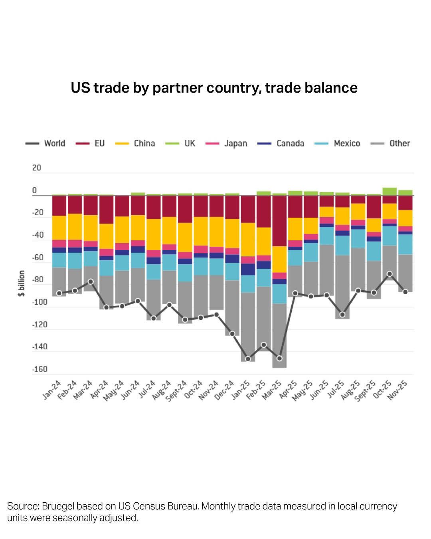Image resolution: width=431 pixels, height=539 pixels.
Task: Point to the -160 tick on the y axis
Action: click(x=40, y=369)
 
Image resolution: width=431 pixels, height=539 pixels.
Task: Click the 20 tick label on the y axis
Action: click(x=37, y=168)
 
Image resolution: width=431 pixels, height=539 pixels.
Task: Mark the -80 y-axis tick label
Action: click(x=38, y=280)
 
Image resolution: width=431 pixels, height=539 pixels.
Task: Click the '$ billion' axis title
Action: click(x=21, y=283)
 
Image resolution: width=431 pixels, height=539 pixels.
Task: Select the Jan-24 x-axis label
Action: click(x=52, y=390)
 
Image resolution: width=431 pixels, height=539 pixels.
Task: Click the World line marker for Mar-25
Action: click(x=279, y=358)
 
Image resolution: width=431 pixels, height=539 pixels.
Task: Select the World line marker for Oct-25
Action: click(x=389, y=274)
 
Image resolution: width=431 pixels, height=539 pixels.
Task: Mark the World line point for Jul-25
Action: click(x=342, y=315)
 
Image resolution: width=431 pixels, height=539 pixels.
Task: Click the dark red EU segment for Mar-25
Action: click(x=279, y=221)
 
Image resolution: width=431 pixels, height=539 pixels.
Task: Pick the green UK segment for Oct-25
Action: click(x=389, y=191)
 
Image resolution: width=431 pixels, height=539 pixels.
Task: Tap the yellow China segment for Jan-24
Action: click(x=59, y=228)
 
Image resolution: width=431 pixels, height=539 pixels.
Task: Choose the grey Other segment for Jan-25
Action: click(x=248, y=327)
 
